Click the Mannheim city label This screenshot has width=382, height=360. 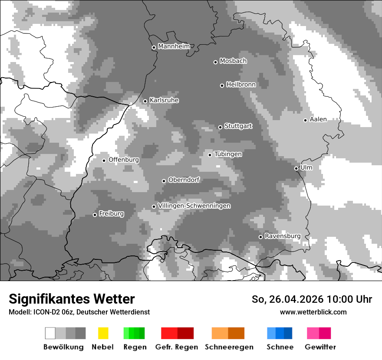tap(174, 46)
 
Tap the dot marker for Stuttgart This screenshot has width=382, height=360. tap(220, 127)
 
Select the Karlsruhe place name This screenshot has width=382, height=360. tap(164, 100)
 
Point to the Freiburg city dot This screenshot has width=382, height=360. tap(95, 215)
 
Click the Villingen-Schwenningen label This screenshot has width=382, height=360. tap(194, 206)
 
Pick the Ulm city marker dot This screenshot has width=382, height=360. tap(296, 168)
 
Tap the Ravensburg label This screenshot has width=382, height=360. tap(283, 236)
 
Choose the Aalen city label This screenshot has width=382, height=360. tap(318, 119)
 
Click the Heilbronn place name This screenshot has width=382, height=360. tap(241, 85)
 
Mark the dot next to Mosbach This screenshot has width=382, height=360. tap(215, 62)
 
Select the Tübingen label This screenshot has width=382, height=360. tap(228, 154)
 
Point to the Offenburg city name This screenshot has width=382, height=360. tap(124, 160)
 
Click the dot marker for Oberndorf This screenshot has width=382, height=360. tap(164, 181)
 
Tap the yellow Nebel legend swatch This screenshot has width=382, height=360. tap(103, 333)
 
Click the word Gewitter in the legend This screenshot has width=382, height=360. tap(320, 347)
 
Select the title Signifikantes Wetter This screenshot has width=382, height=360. tap(72, 299)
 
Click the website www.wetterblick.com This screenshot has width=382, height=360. tap(313, 312)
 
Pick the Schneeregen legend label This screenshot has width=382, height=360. tap(229, 347)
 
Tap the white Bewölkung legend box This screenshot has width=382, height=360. tap(50, 333)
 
